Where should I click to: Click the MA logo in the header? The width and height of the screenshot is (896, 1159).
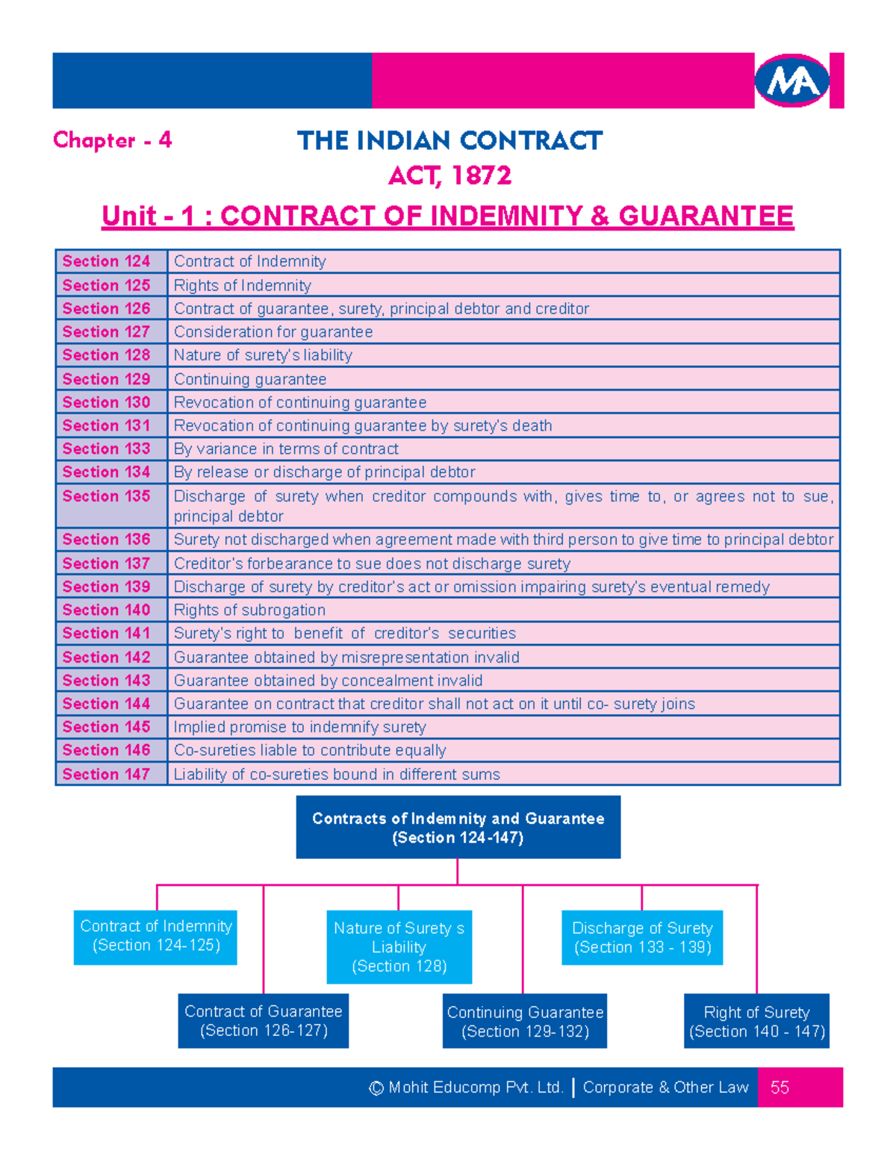tap(792, 81)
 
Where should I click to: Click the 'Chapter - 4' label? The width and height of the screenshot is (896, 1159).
tap(113, 140)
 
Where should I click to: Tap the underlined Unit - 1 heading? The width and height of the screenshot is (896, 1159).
tap(447, 216)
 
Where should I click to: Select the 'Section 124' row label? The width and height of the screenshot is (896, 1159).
tap(107, 261)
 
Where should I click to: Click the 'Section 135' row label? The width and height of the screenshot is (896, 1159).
tap(107, 496)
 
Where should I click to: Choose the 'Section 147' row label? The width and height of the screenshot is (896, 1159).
tap(107, 774)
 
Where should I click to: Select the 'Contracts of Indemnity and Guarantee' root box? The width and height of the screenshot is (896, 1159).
tap(458, 827)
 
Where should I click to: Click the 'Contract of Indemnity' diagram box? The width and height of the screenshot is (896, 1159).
tap(155, 937)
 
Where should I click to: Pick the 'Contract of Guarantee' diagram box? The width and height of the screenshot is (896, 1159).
tap(263, 1020)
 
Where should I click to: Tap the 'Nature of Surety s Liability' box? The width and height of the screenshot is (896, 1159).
tap(399, 946)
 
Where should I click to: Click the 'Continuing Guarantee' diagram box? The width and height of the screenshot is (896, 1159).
tap(524, 1021)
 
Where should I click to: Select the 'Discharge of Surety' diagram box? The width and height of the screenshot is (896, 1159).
tap(642, 937)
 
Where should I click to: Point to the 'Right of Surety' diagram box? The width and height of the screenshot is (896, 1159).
tap(756, 1021)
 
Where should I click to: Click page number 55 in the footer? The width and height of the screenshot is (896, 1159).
tap(780, 1087)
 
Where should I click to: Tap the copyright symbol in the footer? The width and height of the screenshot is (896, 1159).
tap(376, 1088)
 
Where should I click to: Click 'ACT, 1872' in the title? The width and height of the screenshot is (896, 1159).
tap(449, 176)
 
